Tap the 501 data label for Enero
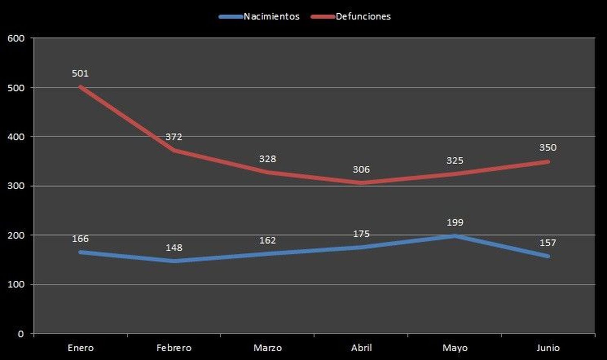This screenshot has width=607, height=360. tap(80, 73)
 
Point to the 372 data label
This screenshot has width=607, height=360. tap(174, 137)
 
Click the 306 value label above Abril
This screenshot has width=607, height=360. tap(361, 170)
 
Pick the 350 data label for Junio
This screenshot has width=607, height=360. tap(548, 148)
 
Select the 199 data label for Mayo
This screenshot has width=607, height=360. tap(455, 223)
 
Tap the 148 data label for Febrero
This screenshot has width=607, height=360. tap(174, 248)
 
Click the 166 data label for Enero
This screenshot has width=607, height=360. tap(80, 239)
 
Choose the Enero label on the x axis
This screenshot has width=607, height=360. tap(80, 348)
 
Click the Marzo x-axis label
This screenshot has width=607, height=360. tap(267, 348)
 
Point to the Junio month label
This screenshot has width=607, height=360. tap(548, 348)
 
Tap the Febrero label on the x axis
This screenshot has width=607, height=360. tap(174, 348)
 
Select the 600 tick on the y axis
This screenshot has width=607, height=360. tap(16, 38)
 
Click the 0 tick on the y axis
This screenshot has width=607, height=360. tap(20, 334)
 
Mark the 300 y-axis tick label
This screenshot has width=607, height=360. tap(16, 186)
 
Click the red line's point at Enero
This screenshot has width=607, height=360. tap(80, 87)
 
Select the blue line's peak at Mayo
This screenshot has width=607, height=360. tap(454, 236)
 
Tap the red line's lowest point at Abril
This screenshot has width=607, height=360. tap(361, 183)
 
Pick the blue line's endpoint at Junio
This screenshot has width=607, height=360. tap(548, 256)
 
